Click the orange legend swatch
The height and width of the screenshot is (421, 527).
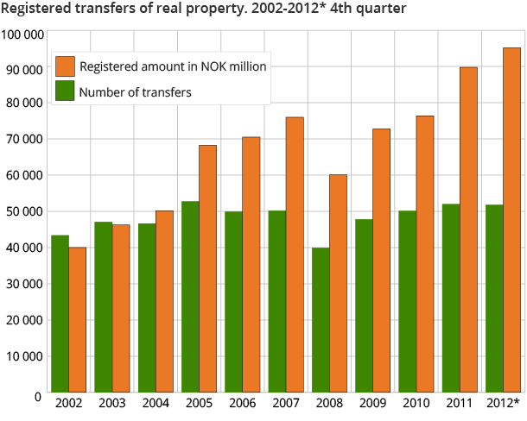coord(64,66)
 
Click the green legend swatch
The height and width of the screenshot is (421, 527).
coord(64,91)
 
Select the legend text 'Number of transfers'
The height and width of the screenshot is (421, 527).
coord(135,92)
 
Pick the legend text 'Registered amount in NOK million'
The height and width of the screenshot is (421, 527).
coord(173,66)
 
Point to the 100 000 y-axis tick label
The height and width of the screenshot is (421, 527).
coord(22,35)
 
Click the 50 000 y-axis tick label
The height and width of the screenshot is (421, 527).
coord(24,212)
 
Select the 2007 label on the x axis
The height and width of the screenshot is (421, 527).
coord(286,404)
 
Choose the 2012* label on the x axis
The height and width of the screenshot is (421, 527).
coord(504,404)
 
